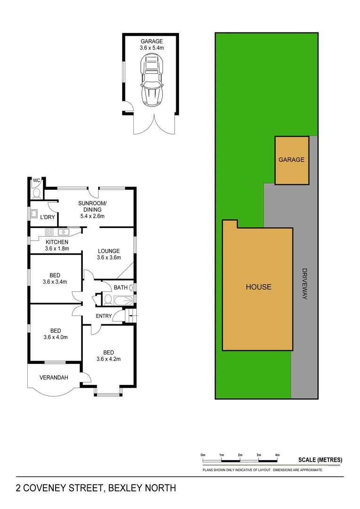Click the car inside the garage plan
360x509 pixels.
click(x=151, y=80)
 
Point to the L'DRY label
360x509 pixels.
click(x=48, y=217)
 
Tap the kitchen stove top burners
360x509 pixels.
click(x=48, y=232)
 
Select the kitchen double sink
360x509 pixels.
click(x=64, y=232)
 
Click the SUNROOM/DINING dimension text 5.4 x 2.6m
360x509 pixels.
click(x=91, y=216)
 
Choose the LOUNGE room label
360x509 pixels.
click(x=109, y=251)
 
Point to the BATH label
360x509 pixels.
click(x=120, y=287)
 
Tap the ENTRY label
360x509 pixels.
click(x=104, y=316)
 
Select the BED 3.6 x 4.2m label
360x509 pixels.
click(x=109, y=355)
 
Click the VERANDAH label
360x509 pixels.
click(x=54, y=378)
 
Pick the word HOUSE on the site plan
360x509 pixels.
click(x=258, y=287)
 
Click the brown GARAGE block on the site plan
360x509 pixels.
click(x=292, y=160)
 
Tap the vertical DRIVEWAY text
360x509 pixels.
click(x=304, y=285)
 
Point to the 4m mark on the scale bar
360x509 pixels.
click(x=277, y=455)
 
